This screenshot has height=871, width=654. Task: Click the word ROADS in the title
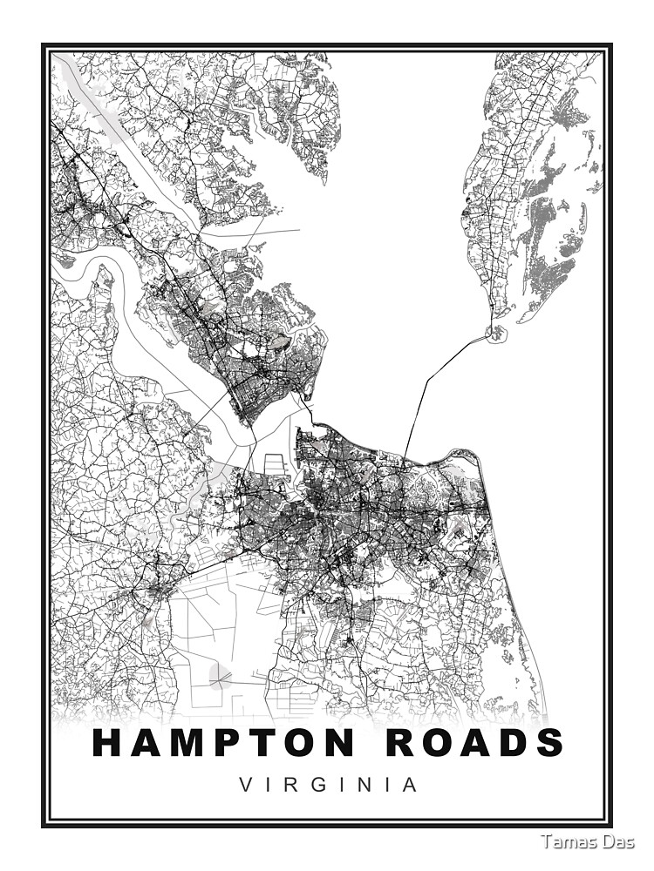[x=465, y=743]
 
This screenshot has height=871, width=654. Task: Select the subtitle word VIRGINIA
[x=328, y=785]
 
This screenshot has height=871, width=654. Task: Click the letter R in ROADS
[x=382, y=743]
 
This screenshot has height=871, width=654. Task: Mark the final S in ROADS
[x=548, y=743]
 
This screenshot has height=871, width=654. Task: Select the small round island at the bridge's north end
[x=496, y=333]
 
